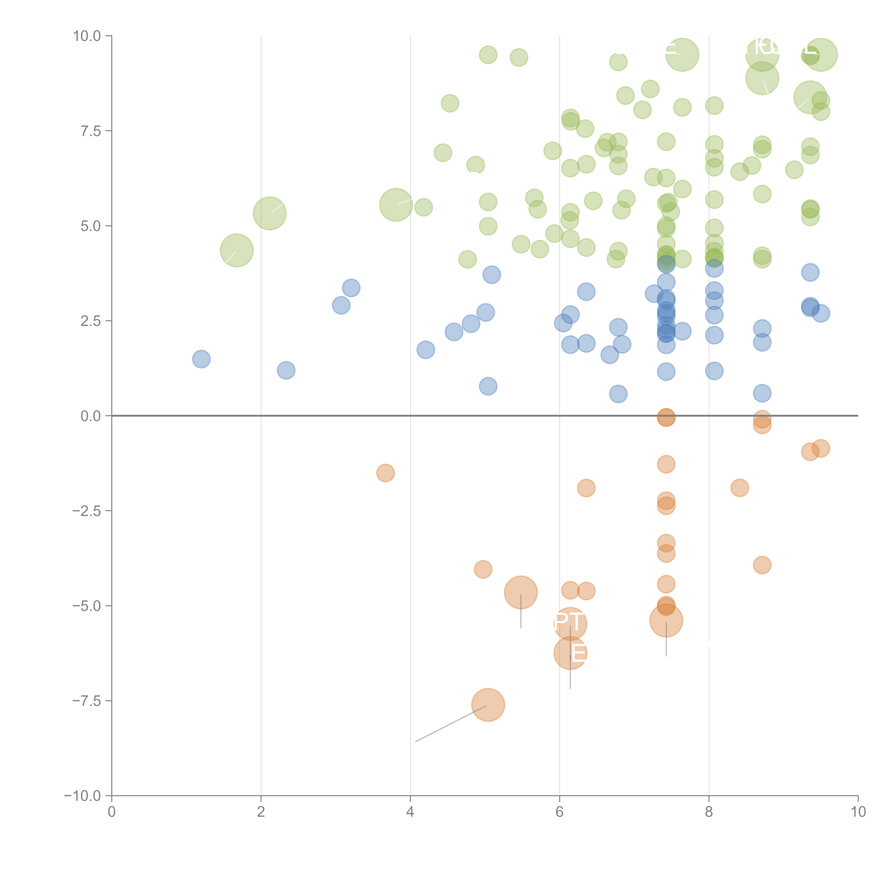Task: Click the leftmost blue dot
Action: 201,359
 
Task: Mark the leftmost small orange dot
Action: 385,473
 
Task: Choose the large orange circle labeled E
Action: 570,653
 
